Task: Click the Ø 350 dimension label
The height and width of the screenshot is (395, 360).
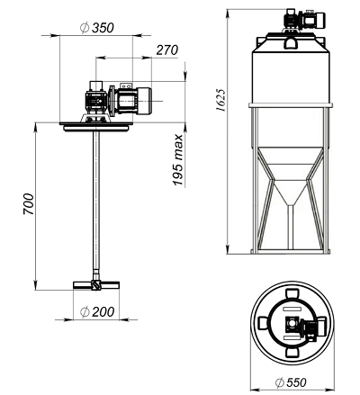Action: click(97, 28)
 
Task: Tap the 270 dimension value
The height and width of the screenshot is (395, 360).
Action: click(167, 50)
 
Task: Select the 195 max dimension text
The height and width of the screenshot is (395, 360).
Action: click(178, 160)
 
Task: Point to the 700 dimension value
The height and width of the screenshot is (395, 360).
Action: click(29, 204)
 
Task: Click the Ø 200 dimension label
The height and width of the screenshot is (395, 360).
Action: click(97, 312)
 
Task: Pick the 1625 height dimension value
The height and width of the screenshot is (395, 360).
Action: click(221, 100)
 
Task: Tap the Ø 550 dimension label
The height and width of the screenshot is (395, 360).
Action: click(291, 382)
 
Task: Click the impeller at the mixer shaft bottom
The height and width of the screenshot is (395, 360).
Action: click(96, 284)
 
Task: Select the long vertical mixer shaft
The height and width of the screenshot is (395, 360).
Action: click(96, 202)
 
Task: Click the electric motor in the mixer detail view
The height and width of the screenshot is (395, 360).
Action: click(132, 100)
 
